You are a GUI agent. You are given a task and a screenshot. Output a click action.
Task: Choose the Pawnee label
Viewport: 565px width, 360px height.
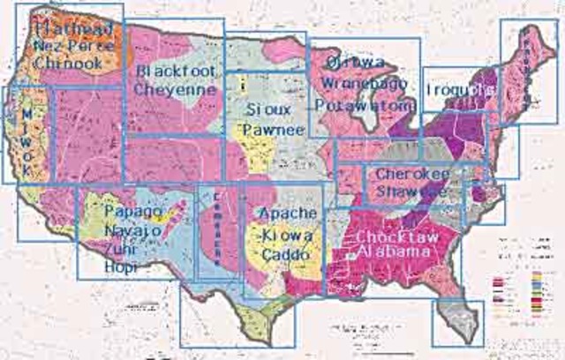(274, 130)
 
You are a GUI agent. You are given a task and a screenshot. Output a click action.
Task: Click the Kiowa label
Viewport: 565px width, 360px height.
(286, 236)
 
